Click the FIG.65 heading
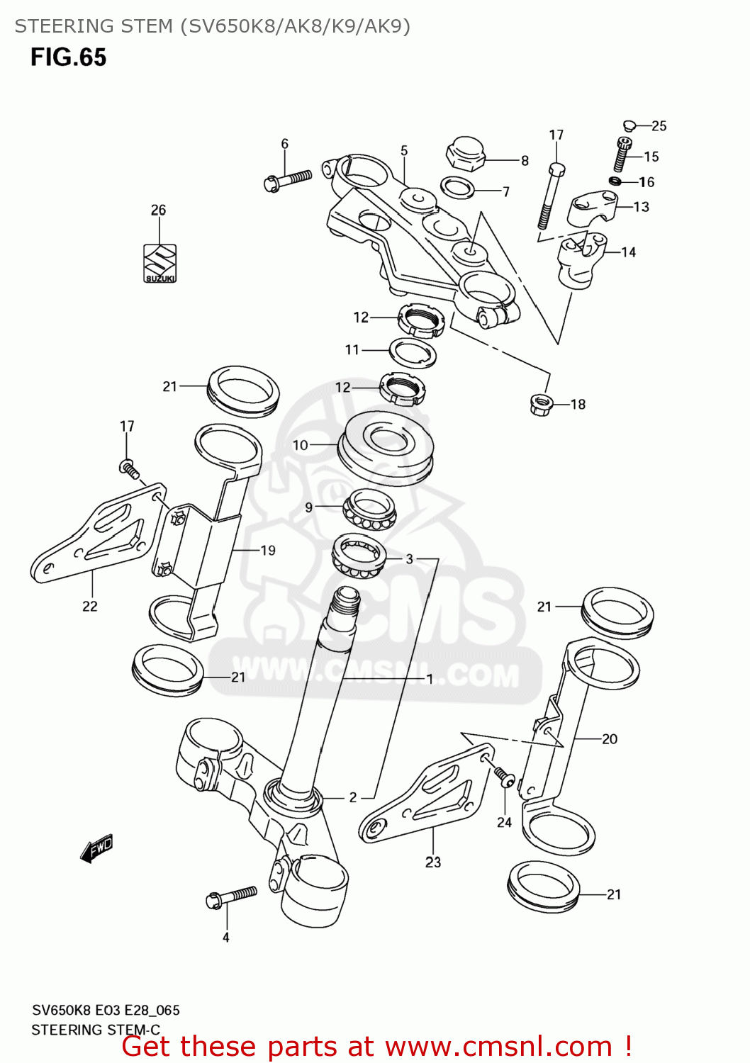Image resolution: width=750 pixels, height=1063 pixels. click(x=68, y=57)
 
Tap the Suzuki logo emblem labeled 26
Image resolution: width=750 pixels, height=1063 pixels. click(x=159, y=264)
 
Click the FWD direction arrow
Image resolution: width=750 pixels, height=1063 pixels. click(x=96, y=848)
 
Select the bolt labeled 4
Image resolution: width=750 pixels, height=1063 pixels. click(x=231, y=897)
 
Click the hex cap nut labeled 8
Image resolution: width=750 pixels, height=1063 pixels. click(x=465, y=154)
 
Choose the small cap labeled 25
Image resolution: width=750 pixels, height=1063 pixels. click(x=628, y=126)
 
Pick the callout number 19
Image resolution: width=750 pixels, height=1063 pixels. click(x=268, y=551)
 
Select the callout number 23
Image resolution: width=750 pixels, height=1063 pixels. click(x=433, y=862)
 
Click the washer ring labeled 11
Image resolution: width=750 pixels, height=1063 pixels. click(x=413, y=352)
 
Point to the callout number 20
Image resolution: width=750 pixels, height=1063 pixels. click(x=610, y=739)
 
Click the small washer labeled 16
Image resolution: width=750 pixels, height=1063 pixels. click(x=615, y=182)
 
